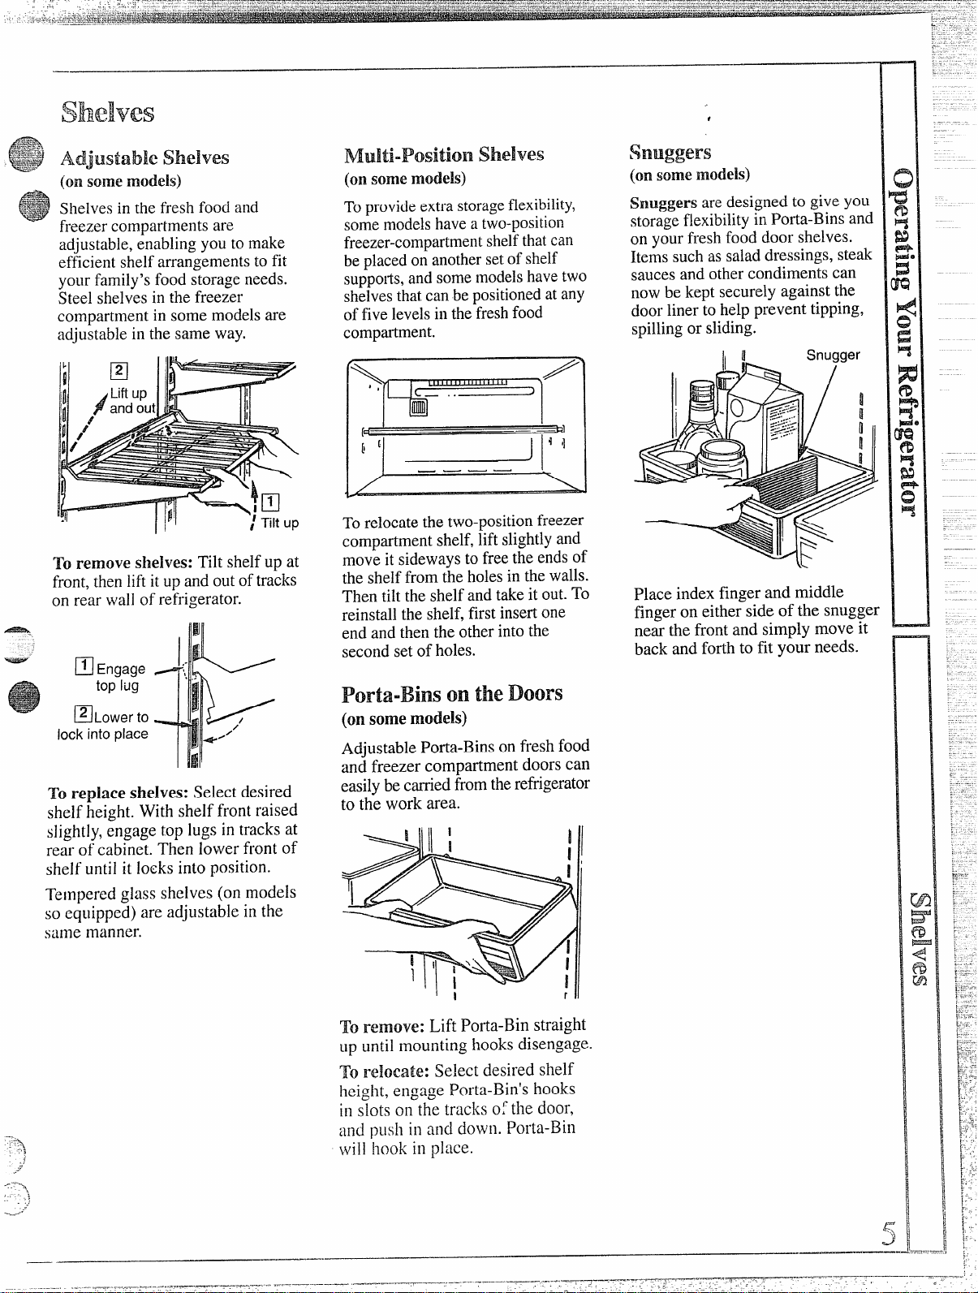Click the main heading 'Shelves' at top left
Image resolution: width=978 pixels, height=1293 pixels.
(x=108, y=112)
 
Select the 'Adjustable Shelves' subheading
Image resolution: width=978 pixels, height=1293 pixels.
(x=144, y=157)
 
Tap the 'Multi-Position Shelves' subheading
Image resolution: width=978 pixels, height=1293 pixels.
(x=444, y=155)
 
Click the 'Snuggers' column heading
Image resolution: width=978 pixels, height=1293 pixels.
(x=670, y=153)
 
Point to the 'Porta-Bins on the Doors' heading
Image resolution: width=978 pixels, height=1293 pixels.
(x=452, y=694)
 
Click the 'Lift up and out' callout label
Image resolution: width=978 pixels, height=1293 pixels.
(x=132, y=401)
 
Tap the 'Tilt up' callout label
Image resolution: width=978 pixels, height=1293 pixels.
(x=280, y=523)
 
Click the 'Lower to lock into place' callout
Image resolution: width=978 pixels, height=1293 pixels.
(x=103, y=725)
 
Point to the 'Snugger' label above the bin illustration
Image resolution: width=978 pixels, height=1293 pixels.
(x=834, y=356)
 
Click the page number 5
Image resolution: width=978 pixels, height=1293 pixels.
(x=889, y=1233)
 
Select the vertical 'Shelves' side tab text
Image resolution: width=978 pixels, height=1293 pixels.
(x=920, y=938)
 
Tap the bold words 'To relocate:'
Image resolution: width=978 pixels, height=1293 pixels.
(x=384, y=1071)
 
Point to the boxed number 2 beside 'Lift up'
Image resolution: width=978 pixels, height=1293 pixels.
(x=119, y=370)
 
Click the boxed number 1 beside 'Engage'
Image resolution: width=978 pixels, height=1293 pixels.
(x=84, y=666)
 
